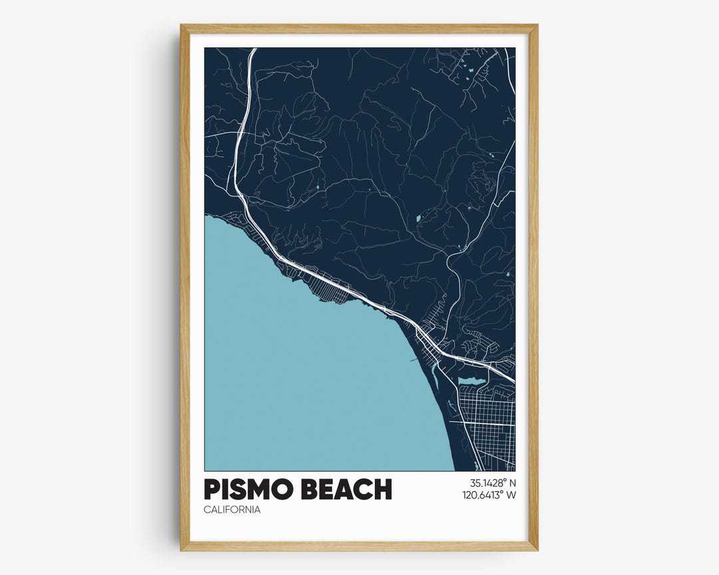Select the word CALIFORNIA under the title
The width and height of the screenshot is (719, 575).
232,510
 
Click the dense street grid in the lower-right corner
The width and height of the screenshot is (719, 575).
486,426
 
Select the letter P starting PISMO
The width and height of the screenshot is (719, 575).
212,490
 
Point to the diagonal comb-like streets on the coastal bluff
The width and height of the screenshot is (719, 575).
333,291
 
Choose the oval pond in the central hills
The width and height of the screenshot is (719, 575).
418,218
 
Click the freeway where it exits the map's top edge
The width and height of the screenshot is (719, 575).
252,49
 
